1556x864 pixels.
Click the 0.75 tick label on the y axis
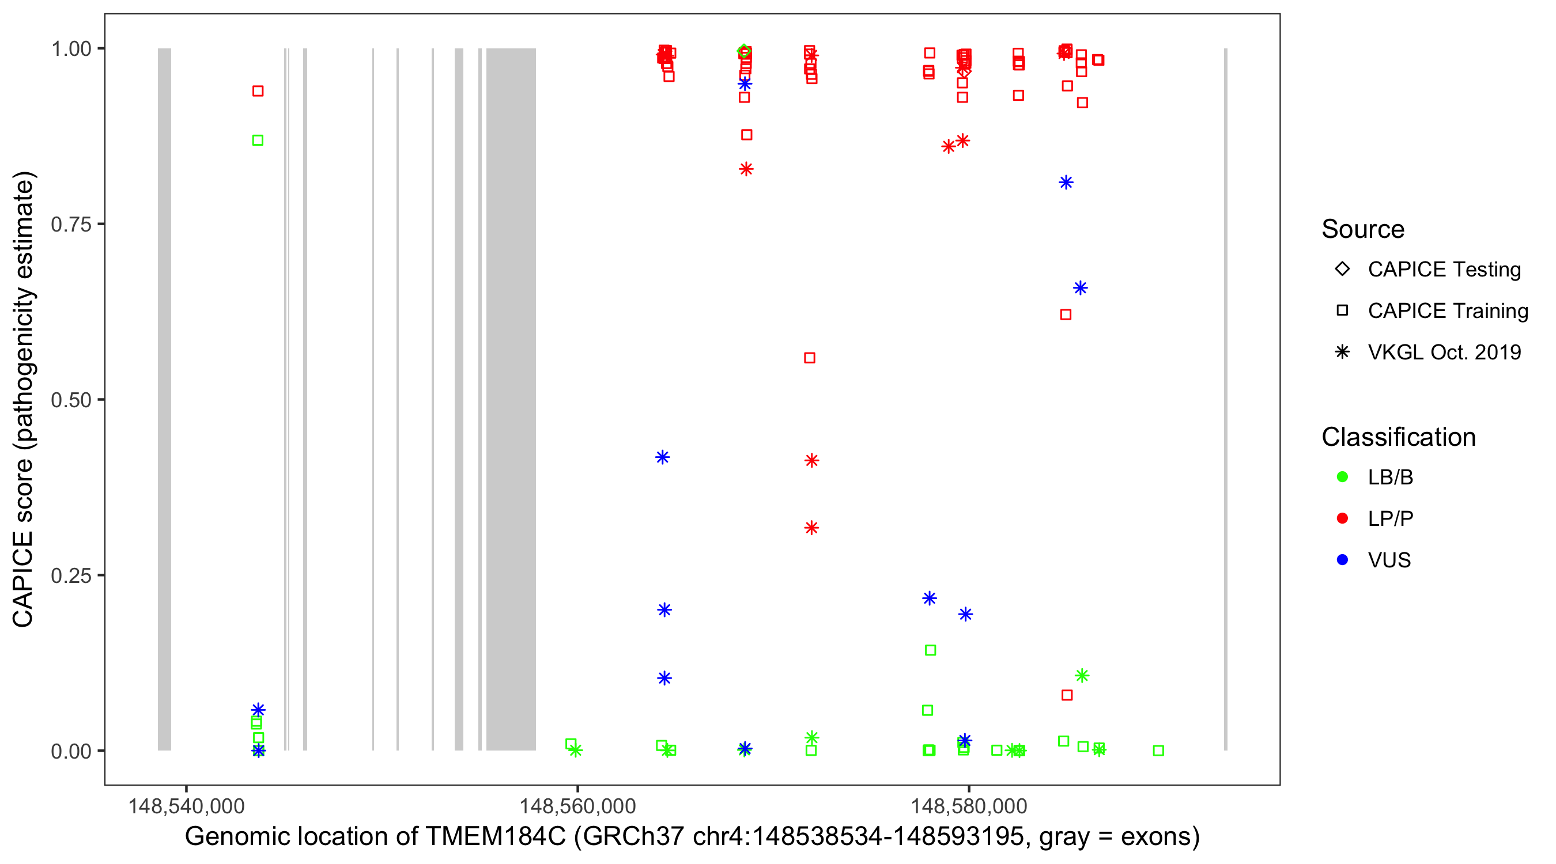pyautogui.click(x=70, y=224)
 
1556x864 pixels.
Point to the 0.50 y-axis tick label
pyautogui.click(x=70, y=400)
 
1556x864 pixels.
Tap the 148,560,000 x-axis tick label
pyautogui.click(x=577, y=806)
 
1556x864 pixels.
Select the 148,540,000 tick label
pyautogui.click(x=186, y=806)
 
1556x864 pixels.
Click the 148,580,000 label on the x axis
pyautogui.click(x=969, y=806)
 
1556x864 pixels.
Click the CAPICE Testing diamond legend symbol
pyautogui.click(x=1342, y=268)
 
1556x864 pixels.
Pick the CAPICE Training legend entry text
pyautogui.click(x=1448, y=310)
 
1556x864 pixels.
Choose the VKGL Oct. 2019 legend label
pyautogui.click(x=1444, y=352)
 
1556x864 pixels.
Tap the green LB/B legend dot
pyautogui.click(x=1342, y=477)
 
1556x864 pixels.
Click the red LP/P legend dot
pyautogui.click(x=1342, y=518)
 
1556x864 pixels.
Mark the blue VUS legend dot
pyautogui.click(x=1342, y=560)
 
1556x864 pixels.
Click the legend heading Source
pyautogui.click(x=1363, y=229)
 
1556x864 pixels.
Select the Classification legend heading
pyautogui.click(x=1398, y=437)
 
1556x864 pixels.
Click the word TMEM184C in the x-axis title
pyautogui.click(x=495, y=836)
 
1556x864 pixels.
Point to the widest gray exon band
pyautogui.click(x=511, y=399)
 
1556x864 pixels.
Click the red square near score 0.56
pyautogui.click(x=810, y=358)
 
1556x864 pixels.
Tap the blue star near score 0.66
pyautogui.click(x=1080, y=288)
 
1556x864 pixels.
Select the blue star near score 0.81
pyautogui.click(x=1066, y=183)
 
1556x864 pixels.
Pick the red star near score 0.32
pyautogui.click(x=811, y=528)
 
